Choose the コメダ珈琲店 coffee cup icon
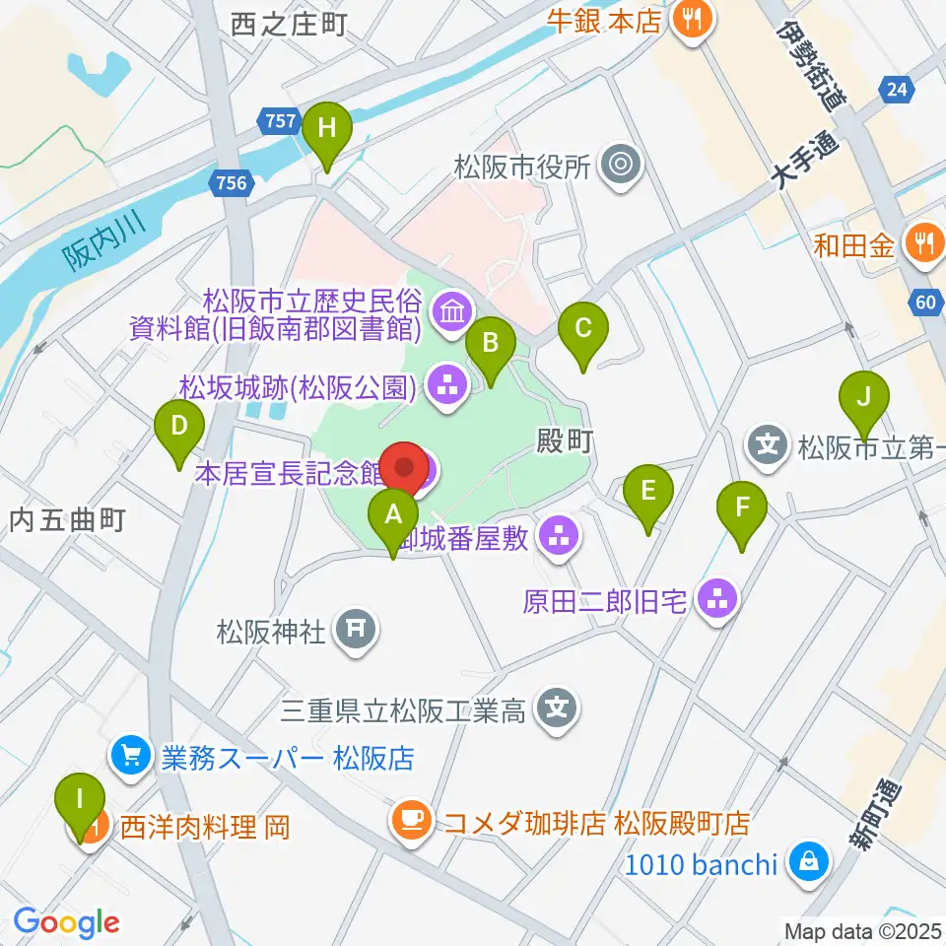(x=410, y=820)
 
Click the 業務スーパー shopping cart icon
(x=130, y=757)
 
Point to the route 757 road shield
(x=280, y=120)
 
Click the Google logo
(x=66, y=923)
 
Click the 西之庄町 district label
(x=290, y=25)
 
